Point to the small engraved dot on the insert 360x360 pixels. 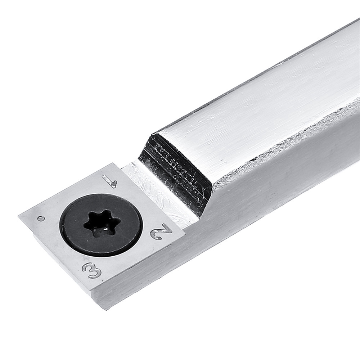pyautogui.click(x=41, y=218)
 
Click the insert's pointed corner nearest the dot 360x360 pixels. pyautogui.click(x=18, y=216)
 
